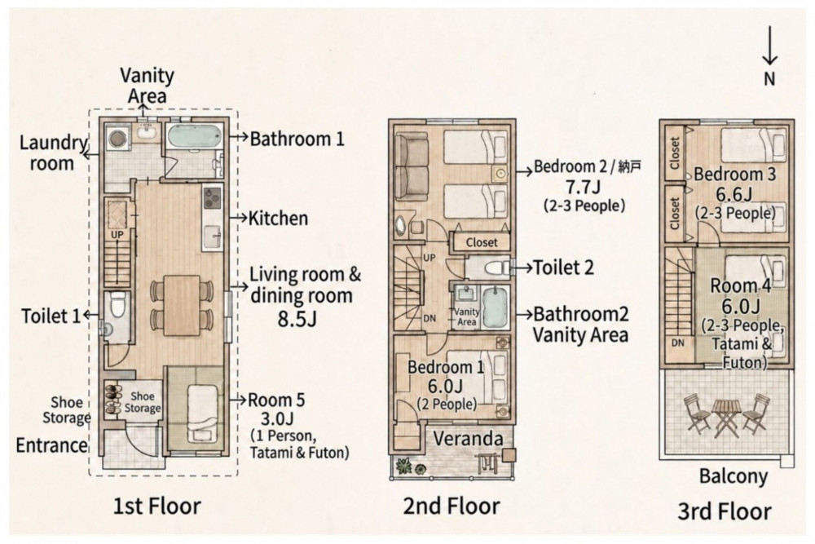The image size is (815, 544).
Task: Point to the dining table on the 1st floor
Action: (x=182, y=305)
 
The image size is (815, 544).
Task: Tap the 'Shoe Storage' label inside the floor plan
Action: (x=143, y=403)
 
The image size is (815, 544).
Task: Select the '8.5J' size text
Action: (x=297, y=319)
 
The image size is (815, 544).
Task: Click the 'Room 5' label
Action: (x=276, y=400)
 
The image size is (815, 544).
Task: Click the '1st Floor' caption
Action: (x=157, y=506)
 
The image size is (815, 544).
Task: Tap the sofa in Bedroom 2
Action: (x=412, y=166)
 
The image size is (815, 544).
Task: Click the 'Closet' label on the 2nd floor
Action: (x=482, y=242)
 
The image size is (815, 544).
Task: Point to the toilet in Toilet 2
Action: (x=497, y=268)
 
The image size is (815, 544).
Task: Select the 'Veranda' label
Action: (x=469, y=439)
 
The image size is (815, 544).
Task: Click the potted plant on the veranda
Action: (x=404, y=465)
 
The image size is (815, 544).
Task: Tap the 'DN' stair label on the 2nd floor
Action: (x=430, y=318)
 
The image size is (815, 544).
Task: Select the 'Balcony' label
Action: (x=733, y=476)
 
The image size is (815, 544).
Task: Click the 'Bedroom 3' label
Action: (x=734, y=175)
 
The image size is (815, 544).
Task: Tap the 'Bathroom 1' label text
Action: (x=297, y=139)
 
